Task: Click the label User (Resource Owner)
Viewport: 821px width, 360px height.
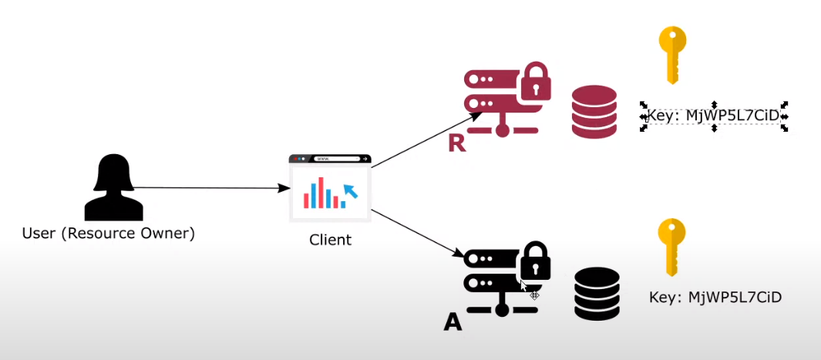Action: pyautogui.click(x=109, y=233)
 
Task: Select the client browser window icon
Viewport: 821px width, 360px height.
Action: pyautogui.click(x=330, y=189)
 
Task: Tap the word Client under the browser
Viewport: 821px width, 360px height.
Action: pyautogui.click(x=330, y=240)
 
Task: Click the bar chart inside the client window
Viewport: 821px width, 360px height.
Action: pyautogui.click(x=322, y=195)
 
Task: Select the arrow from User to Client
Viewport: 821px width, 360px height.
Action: pyautogui.click(x=208, y=187)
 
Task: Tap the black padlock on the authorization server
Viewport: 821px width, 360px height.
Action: pyautogui.click(x=535, y=262)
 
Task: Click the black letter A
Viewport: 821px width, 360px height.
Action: pyautogui.click(x=453, y=321)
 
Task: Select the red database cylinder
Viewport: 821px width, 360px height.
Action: pyautogui.click(x=594, y=113)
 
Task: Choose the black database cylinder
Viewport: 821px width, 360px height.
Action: pyautogui.click(x=597, y=294)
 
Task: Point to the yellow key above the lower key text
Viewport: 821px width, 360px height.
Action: pyautogui.click(x=671, y=246)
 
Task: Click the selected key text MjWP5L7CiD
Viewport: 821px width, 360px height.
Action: pyautogui.click(x=714, y=116)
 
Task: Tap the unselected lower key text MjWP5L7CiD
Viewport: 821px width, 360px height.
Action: pyautogui.click(x=715, y=297)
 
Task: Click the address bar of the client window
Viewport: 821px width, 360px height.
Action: pyautogui.click(x=337, y=159)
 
